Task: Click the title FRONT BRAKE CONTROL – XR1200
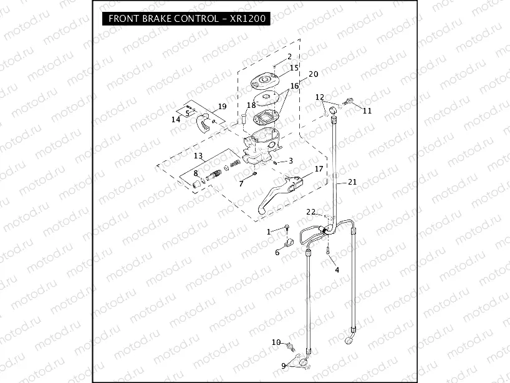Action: click(188, 19)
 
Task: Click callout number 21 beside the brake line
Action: click(352, 182)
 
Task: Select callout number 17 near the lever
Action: click(319, 168)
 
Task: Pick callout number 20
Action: click(314, 74)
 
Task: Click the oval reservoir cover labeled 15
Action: click(264, 80)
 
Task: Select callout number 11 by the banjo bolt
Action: click(367, 110)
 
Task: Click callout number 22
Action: click(310, 212)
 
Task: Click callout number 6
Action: click(277, 253)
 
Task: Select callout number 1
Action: click(269, 231)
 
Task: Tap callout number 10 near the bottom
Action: click(276, 342)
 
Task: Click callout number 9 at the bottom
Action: click(284, 365)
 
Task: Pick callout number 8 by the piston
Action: click(195, 173)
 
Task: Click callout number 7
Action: click(241, 183)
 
